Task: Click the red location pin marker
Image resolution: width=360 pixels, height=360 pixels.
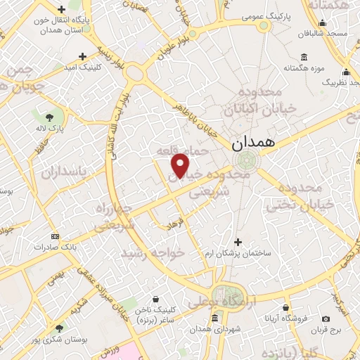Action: [x=181, y=165]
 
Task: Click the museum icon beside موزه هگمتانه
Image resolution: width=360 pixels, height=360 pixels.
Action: [x=304, y=56]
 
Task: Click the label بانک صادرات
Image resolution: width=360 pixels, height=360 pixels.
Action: [x=58, y=247]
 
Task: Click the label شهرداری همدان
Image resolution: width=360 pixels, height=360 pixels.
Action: [x=215, y=328]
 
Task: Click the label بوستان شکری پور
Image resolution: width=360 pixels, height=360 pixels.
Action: [x=60, y=338]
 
